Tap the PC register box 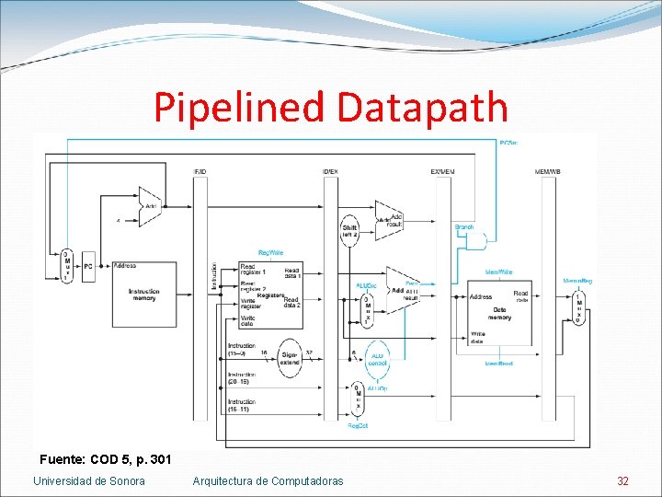click(88, 266)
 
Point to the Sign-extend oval click(289, 358)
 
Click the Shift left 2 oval click(349, 230)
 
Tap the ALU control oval click(377, 360)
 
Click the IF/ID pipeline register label click(200, 172)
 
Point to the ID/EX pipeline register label click(330, 172)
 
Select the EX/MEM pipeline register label click(442, 172)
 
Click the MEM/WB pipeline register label click(548, 172)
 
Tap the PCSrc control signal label click(508, 143)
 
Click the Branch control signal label click(464, 226)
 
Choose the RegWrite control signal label click(270, 252)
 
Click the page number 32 click(622, 480)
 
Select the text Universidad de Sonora click(89, 480)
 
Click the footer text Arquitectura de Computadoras click(268, 480)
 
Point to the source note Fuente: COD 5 click(106, 458)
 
